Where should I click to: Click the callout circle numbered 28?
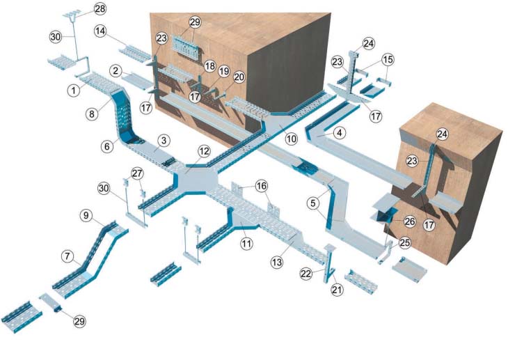pyautogui.click(x=100, y=9)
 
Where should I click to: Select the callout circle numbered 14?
pyautogui.click(x=101, y=31)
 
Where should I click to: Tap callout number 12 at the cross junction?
pyautogui.click(x=204, y=151)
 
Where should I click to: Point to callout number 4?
pyautogui.click(x=339, y=132)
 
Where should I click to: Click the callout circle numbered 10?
pyautogui.click(x=292, y=139)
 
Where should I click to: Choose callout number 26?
pyautogui.click(x=410, y=222)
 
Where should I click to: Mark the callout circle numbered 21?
pyautogui.click(x=337, y=289)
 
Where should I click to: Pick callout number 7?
pyautogui.click(x=68, y=256)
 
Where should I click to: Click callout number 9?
pyautogui.click(x=86, y=216)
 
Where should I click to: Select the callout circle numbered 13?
pyautogui.click(x=277, y=262)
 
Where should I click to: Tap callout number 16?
pyautogui.click(x=262, y=186)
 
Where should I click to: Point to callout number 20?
pyautogui.click(x=239, y=77)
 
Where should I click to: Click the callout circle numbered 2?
pyautogui.click(x=116, y=70)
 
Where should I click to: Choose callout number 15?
pyautogui.click(x=388, y=59)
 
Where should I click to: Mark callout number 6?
pyautogui.click(x=107, y=146)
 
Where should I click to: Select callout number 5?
pyautogui.click(x=312, y=203)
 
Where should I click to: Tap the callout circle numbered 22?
pyautogui.click(x=306, y=274)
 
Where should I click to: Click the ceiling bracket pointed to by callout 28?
pyautogui.click(x=72, y=14)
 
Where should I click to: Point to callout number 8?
pyautogui.click(x=92, y=114)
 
